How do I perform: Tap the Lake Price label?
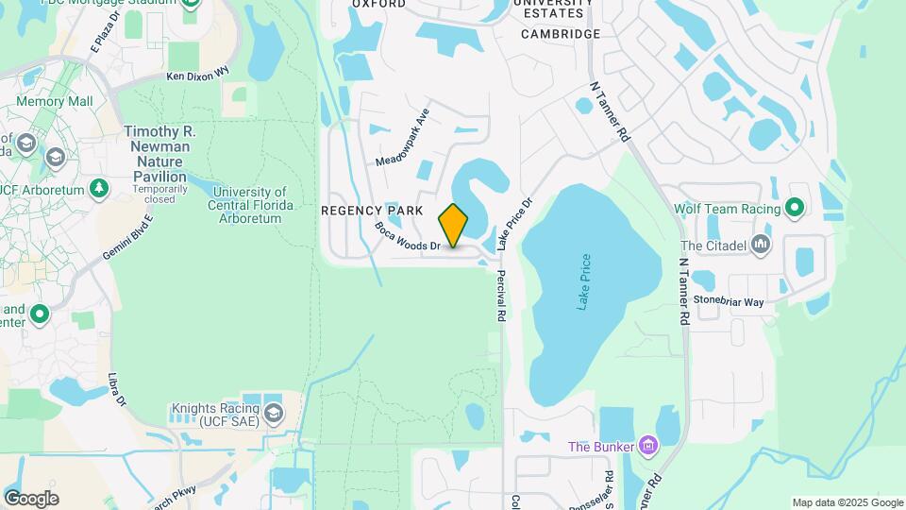(x=584, y=281)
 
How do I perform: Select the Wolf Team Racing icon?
(x=795, y=209)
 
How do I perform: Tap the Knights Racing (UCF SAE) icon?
(x=274, y=413)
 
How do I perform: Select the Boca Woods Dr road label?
(x=408, y=236)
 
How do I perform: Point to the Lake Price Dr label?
(x=515, y=224)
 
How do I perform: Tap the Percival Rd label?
(x=497, y=297)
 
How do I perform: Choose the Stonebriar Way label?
(x=729, y=301)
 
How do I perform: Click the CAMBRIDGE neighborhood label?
(x=561, y=34)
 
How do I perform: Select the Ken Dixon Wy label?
(x=197, y=74)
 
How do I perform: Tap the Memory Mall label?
(x=55, y=101)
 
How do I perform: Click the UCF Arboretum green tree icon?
(x=99, y=188)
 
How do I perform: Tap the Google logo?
(x=31, y=499)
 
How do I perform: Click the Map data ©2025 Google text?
(x=846, y=502)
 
